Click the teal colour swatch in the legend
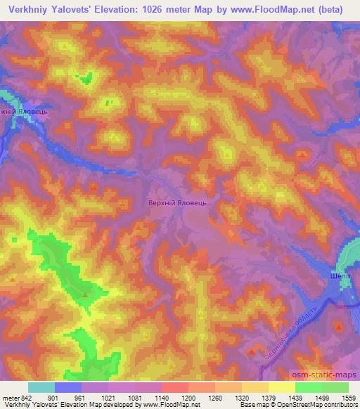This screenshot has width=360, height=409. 41,387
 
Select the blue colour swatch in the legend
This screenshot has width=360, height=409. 68,387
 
